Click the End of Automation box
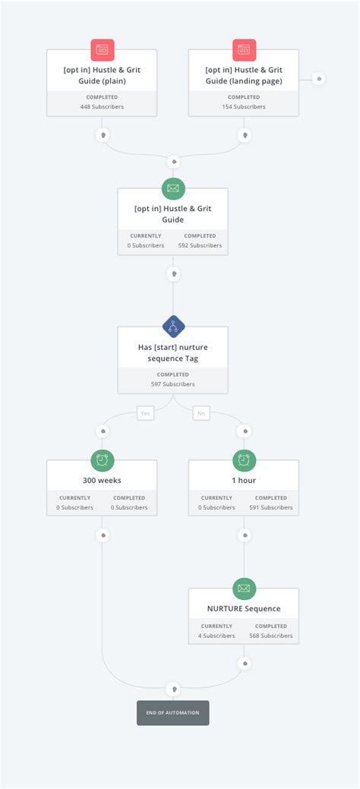click(x=172, y=712)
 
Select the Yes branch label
click(x=146, y=413)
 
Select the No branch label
click(x=201, y=413)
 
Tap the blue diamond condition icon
click(x=173, y=327)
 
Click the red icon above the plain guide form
click(x=103, y=49)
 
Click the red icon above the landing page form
click(x=244, y=49)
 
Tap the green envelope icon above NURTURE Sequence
click(x=244, y=588)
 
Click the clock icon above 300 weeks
click(x=103, y=459)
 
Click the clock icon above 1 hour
click(x=244, y=459)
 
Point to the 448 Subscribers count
click(x=102, y=107)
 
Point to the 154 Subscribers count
click(x=244, y=107)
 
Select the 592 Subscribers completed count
click(x=201, y=245)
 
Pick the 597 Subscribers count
click(x=172, y=384)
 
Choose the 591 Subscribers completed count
click(x=271, y=507)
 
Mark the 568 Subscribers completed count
click(x=271, y=636)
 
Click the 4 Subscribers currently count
click(x=216, y=636)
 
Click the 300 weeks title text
click(x=102, y=480)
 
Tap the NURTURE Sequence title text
click(x=244, y=608)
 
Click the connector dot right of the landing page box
click(x=319, y=79)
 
